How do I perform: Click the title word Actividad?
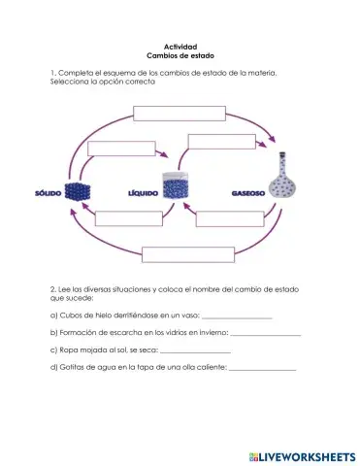[x=180, y=48]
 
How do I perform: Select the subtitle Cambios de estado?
[x=180, y=57]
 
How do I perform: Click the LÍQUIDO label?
[x=143, y=192]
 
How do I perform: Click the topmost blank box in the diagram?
[x=179, y=112]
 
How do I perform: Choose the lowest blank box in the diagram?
[x=182, y=255]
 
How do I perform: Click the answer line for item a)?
[x=237, y=317]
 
